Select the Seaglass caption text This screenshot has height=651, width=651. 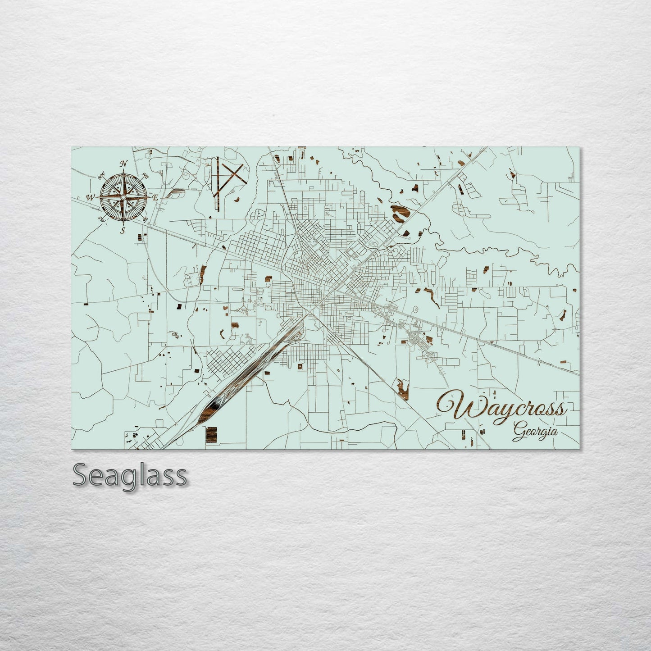pyautogui.click(x=129, y=475)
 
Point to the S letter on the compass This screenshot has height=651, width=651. pyautogui.click(x=123, y=231)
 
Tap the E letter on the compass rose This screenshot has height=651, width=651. pyautogui.click(x=155, y=198)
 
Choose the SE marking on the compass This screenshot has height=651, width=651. pyautogui.click(x=145, y=219)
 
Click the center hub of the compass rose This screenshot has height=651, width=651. pyautogui.click(x=123, y=197)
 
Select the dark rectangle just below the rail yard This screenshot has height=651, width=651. pyautogui.click(x=212, y=434)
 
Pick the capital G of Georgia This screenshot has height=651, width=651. pyautogui.click(x=518, y=432)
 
